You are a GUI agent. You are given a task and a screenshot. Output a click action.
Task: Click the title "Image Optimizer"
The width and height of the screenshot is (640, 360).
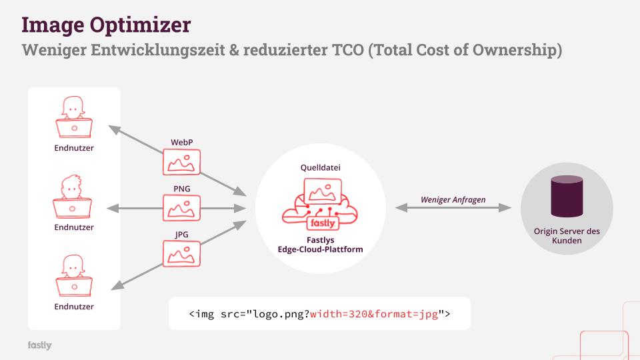tap(106, 25)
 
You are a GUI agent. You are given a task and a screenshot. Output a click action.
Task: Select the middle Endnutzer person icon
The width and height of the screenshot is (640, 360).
tap(73, 197)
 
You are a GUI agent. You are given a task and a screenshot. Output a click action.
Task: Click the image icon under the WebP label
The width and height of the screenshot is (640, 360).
tap(181, 162)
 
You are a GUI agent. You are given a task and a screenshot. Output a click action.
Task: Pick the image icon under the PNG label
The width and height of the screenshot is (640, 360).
tap(181, 208)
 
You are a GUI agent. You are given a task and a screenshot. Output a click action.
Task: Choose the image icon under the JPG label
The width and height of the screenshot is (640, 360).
tap(181, 254)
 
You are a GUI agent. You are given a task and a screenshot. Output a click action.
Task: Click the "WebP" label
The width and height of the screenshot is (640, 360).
tap(181, 142)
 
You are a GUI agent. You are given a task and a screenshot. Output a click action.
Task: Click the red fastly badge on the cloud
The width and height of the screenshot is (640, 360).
tap(323, 223)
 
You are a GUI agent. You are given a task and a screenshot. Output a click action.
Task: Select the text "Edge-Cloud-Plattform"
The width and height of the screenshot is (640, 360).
tap(320, 249)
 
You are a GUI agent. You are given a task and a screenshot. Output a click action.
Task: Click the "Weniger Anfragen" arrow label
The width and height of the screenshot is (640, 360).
tap(453, 199)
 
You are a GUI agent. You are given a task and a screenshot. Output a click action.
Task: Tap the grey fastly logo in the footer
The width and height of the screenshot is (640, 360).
tap(39, 345)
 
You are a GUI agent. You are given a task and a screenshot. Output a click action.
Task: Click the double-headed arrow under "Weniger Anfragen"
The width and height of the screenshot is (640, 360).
tap(453, 209)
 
